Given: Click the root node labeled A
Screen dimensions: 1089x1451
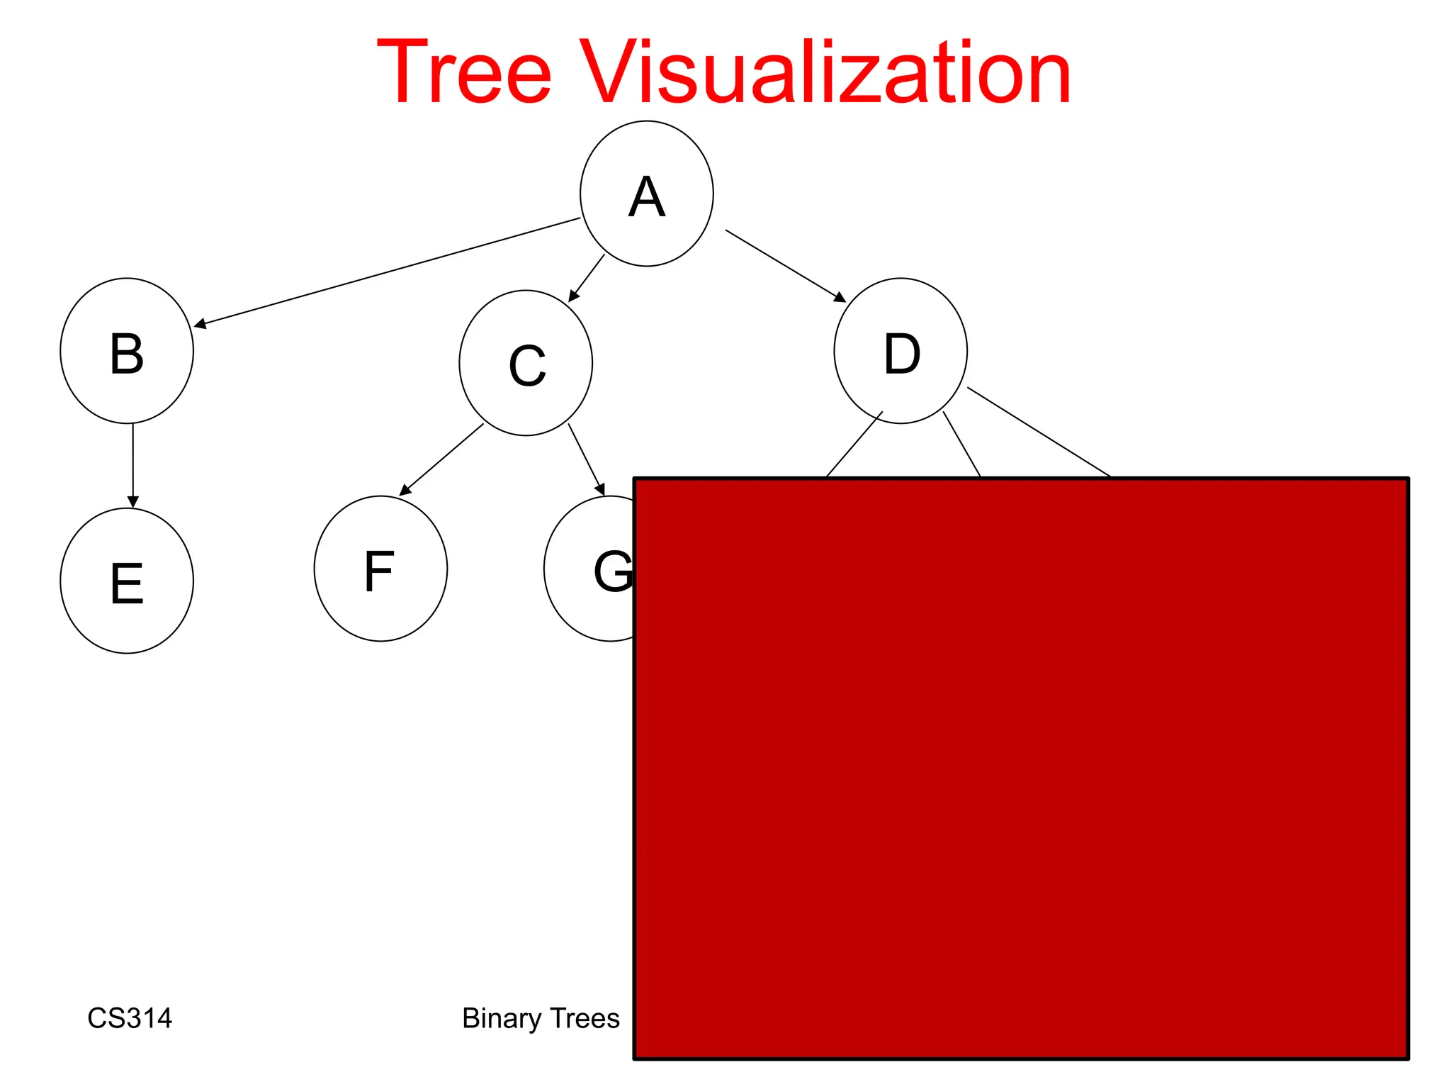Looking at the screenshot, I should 646,194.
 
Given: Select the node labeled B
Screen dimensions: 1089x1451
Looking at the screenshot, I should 127,351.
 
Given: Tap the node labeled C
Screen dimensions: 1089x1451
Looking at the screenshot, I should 526,363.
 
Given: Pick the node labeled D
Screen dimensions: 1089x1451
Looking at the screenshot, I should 900,351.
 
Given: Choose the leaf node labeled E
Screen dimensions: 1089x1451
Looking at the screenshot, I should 127,581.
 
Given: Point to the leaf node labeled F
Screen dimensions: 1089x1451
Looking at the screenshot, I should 380,569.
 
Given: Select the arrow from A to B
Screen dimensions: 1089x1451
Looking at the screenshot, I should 387,272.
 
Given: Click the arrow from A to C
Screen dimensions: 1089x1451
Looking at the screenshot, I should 587,278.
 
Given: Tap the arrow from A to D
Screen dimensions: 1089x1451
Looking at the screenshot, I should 785,266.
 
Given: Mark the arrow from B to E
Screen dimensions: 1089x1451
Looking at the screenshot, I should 132,464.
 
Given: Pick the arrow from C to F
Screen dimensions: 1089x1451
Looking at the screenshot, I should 441,459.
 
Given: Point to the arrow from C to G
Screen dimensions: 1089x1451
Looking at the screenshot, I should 586,459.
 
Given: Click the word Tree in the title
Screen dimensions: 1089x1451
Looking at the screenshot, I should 464,72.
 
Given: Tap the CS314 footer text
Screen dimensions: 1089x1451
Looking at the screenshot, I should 130,1018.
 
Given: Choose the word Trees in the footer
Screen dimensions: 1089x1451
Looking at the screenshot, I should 585,1018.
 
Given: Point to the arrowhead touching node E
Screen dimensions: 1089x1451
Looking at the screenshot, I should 132,502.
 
